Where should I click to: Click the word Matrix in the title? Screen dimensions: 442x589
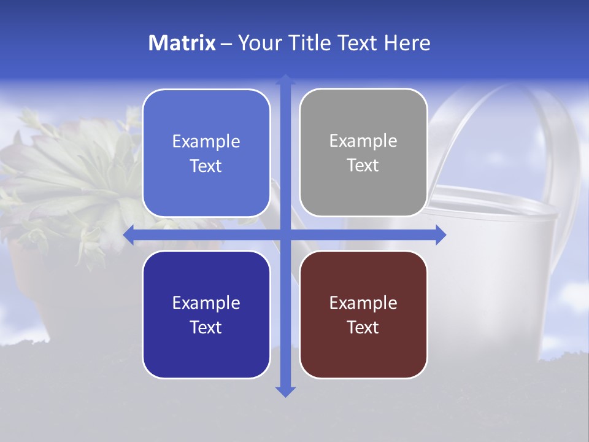(182, 43)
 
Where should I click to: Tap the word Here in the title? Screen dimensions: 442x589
(407, 43)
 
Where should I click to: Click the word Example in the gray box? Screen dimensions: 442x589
(363, 141)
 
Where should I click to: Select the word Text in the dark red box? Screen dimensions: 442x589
(363, 327)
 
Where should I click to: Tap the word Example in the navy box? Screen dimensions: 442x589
(206, 303)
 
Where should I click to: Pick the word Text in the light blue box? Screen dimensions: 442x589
(206, 166)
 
